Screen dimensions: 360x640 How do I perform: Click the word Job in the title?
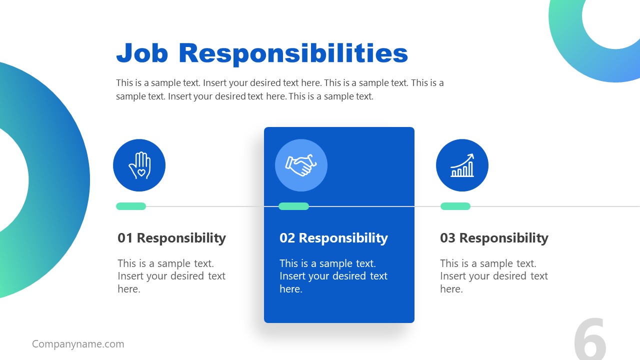(142, 53)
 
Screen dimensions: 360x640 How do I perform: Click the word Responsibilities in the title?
(293, 53)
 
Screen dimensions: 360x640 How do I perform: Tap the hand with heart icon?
(139, 165)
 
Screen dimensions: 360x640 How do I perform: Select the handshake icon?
(301, 165)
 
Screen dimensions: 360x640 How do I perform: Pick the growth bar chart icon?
(462, 165)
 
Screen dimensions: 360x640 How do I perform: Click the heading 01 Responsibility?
(171, 238)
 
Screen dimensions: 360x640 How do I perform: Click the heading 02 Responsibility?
(333, 238)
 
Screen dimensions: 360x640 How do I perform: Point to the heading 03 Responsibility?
(494, 238)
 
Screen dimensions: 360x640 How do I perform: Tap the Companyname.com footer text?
(78, 344)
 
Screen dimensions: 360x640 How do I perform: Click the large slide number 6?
(590, 340)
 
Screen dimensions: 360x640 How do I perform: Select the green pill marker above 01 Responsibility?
(131, 206)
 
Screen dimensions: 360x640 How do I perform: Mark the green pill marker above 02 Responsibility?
(293, 206)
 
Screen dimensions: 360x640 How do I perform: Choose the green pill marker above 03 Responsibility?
(455, 206)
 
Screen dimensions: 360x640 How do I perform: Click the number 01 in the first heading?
(125, 238)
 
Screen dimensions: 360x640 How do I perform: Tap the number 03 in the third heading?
(447, 238)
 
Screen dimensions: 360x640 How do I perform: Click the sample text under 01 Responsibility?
(171, 276)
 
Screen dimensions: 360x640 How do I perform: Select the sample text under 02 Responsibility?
(333, 276)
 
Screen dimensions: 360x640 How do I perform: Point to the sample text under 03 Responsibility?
(494, 276)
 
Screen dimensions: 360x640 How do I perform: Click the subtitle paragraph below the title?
(280, 89)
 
